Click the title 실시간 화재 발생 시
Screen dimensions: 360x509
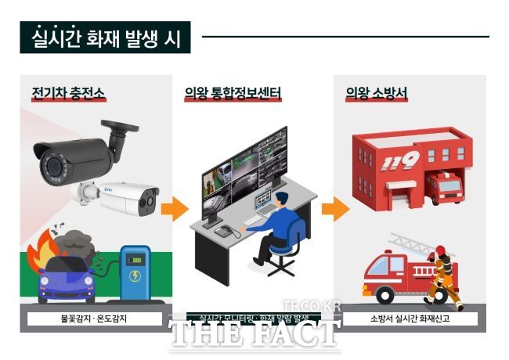coord(106,37)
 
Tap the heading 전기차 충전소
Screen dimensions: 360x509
coord(68,94)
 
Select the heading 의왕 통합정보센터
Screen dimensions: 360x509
coord(233,94)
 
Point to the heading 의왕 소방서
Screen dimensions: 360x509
coord(376,94)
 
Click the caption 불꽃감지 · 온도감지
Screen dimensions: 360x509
coord(94,319)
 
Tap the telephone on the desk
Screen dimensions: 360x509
coord(226,231)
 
